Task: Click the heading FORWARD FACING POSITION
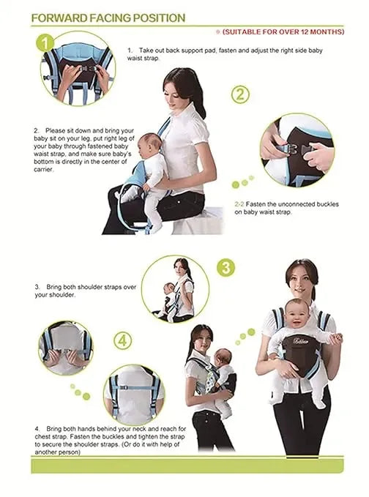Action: coord(108,18)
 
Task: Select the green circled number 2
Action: coord(242,95)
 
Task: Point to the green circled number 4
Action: coord(123,341)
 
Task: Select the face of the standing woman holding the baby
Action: coord(301,276)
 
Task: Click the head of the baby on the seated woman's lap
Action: coord(150,145)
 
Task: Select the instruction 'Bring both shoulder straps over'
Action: coord(86,287)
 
